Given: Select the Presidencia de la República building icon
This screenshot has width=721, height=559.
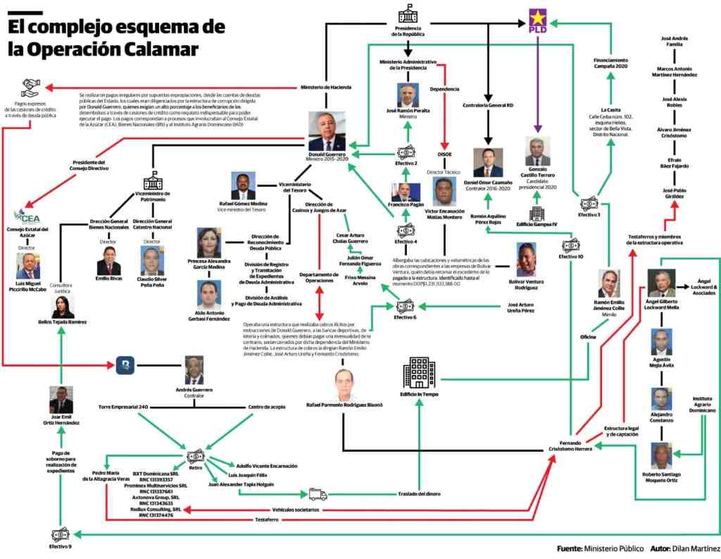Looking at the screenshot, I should tap(408, 14).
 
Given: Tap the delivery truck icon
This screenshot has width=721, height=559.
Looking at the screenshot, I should tap(318, 494).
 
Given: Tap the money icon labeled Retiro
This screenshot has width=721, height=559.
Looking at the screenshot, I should tap(196, 455).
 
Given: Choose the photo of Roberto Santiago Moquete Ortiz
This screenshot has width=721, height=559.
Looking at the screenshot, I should tap(660, 456).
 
